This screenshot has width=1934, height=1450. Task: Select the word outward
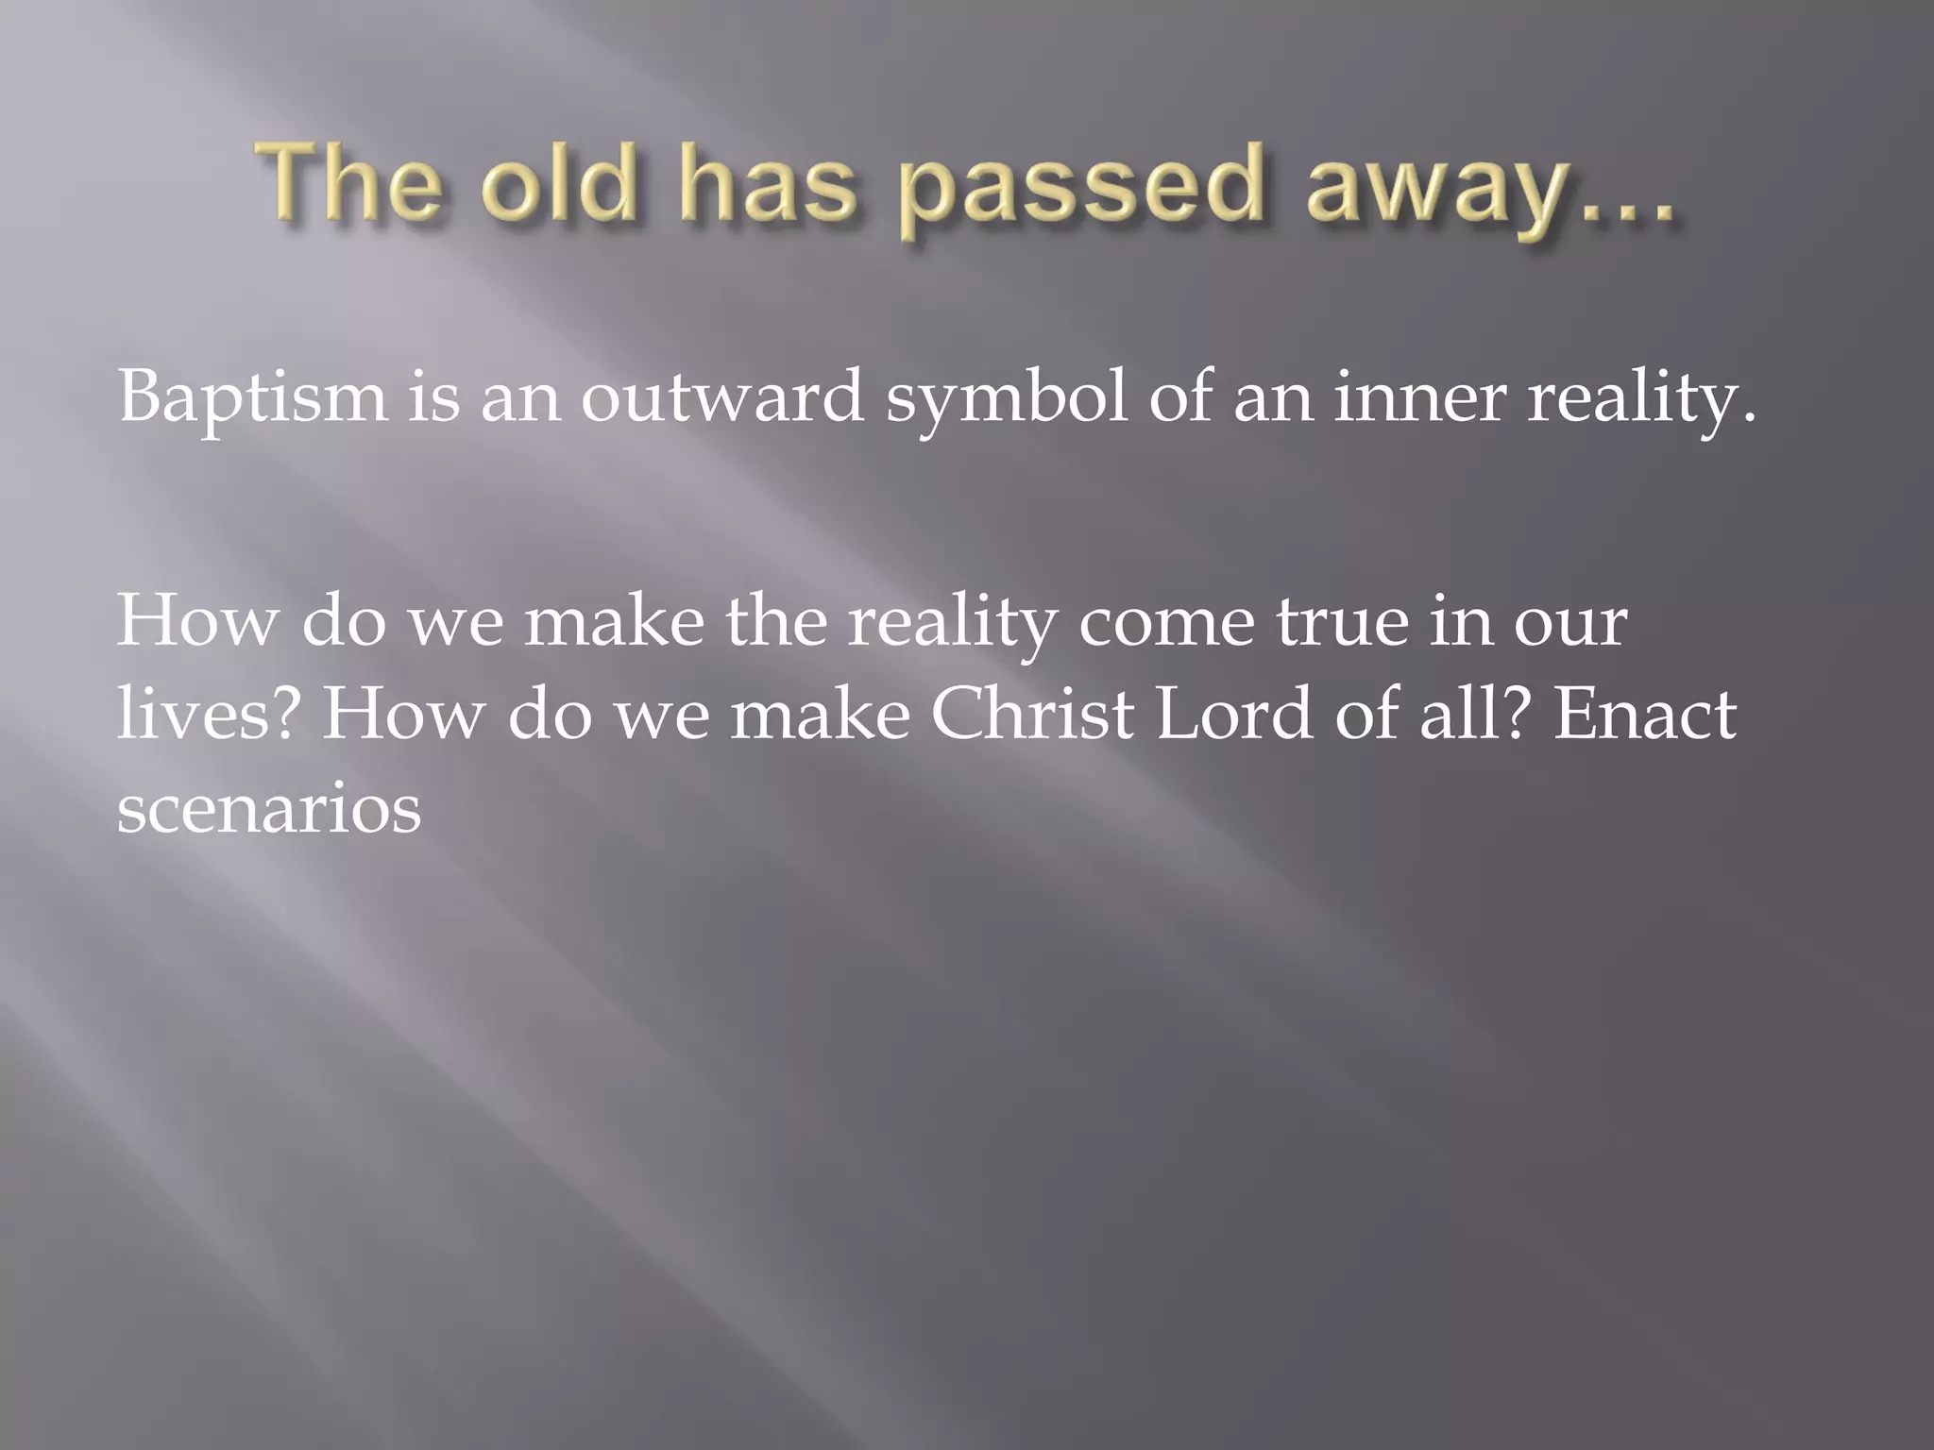tap(721, 397)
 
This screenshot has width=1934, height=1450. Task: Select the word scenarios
tap(269, 810)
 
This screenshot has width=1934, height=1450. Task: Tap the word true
tap(1342, 623)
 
